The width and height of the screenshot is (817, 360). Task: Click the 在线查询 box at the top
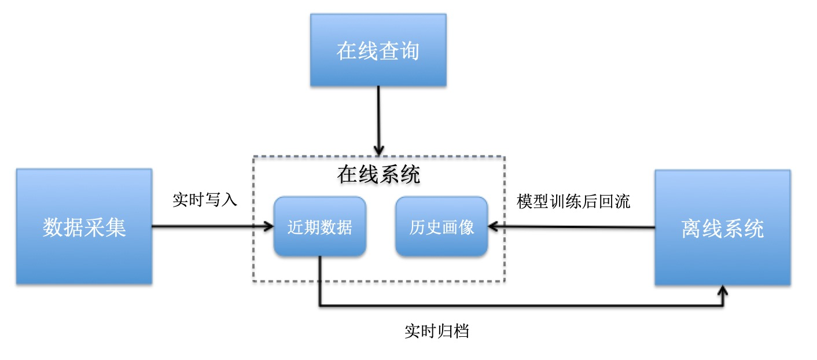point(378,50)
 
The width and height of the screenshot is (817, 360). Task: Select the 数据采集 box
point(84,226)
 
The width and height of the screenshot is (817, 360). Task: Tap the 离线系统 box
point(722,227)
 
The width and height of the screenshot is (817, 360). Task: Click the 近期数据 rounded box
point(319,227)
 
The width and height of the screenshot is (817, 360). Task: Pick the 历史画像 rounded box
point(441,227)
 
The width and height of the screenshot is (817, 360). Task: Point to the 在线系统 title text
point(379,174)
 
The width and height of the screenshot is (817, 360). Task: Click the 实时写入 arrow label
point(205,200)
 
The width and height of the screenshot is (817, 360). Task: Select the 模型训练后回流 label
point(573,201)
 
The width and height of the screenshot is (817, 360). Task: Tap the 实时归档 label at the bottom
point(437,332)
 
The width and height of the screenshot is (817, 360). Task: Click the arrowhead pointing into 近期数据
point(268,227)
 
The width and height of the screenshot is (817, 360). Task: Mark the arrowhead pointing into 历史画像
point(494,227)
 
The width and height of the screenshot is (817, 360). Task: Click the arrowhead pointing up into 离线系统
point(723,290)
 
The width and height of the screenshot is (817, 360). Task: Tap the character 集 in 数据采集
point(116,227)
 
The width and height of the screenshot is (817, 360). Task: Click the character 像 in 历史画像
point(466,227)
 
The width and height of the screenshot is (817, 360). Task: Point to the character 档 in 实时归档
point(461,332)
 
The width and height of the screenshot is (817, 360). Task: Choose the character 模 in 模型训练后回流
point(524,201)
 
